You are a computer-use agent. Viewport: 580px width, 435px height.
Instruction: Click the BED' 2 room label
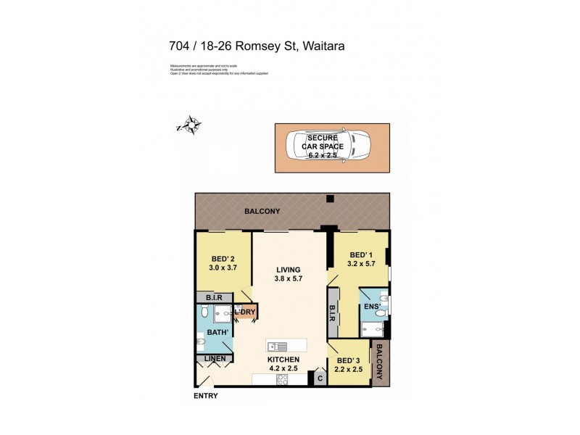pyautogui.click(x=223, y=259)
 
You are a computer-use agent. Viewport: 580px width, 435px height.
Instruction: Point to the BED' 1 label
pyautogui.click(x=360, y=255)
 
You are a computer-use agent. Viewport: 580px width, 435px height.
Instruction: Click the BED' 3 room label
pyautogui.click(x=348, y=361)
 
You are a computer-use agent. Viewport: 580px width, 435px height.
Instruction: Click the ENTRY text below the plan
pyautogui.click(x=205, y=396)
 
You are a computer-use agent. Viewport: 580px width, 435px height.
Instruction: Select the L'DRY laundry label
pyautogui.click(x=244, y=312)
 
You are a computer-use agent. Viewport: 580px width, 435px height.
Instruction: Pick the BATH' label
pyautogui.click(x=218, y=333)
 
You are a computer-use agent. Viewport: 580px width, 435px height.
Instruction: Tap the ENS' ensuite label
pyautogui.click(x=372, y=307)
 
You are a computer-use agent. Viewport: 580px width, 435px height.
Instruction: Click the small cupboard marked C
pyautogui.click(x=318, y=378)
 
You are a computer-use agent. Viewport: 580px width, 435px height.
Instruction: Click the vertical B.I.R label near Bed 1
pyautogui.click(x=333, y=312)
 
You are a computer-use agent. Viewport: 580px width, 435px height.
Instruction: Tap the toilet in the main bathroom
pyautogui.click(x=205, y=313)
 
